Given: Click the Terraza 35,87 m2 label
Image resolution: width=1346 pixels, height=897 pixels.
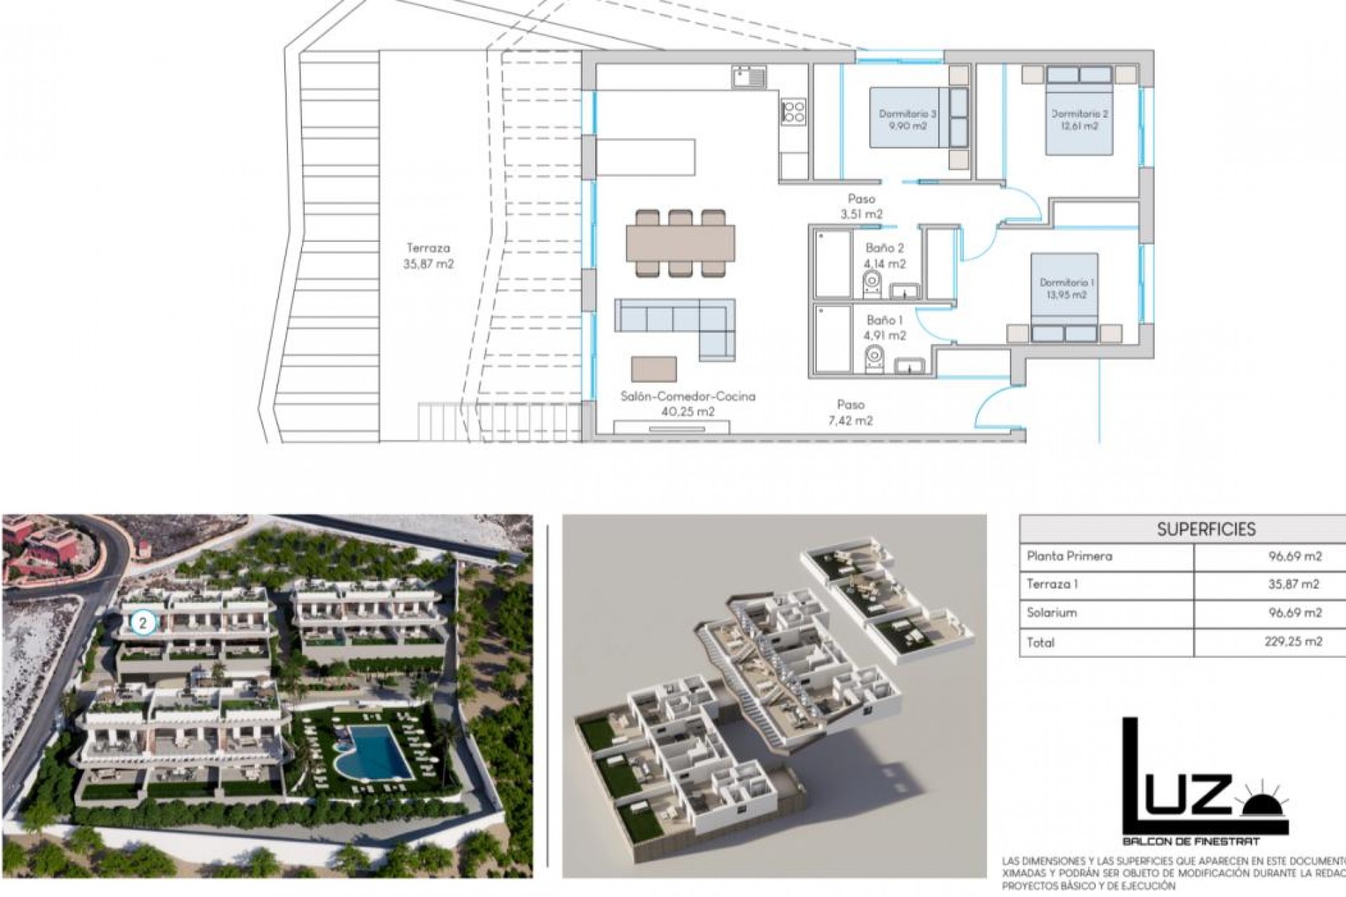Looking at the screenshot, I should coord(427,256).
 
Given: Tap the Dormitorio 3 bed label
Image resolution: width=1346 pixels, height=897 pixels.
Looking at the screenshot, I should coord(908,119).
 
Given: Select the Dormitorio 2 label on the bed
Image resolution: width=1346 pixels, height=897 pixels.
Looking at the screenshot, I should coord(1079,119).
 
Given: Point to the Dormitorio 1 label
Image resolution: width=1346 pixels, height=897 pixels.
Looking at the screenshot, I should coord(1066,288).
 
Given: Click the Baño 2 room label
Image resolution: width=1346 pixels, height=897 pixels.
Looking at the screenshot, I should coord(885,256).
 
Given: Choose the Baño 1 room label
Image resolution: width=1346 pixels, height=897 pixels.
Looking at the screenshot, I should coord(885,327).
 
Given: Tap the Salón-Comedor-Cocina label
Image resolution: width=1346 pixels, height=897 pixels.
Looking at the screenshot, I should coord(688,404).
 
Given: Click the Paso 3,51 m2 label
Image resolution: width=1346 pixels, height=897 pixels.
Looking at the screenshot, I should coord(861,207).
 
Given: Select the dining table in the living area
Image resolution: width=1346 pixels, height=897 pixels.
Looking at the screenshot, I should coord(681,242).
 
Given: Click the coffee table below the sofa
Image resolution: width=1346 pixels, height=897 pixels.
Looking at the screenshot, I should coord(654,369).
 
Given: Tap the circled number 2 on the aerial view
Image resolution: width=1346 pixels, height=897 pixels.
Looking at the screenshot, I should coord(143,622).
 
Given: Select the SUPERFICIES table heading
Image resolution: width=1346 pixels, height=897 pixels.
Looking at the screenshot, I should coord(1206,529).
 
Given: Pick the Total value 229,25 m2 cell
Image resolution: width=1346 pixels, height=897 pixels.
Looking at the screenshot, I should coord(1294,641).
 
